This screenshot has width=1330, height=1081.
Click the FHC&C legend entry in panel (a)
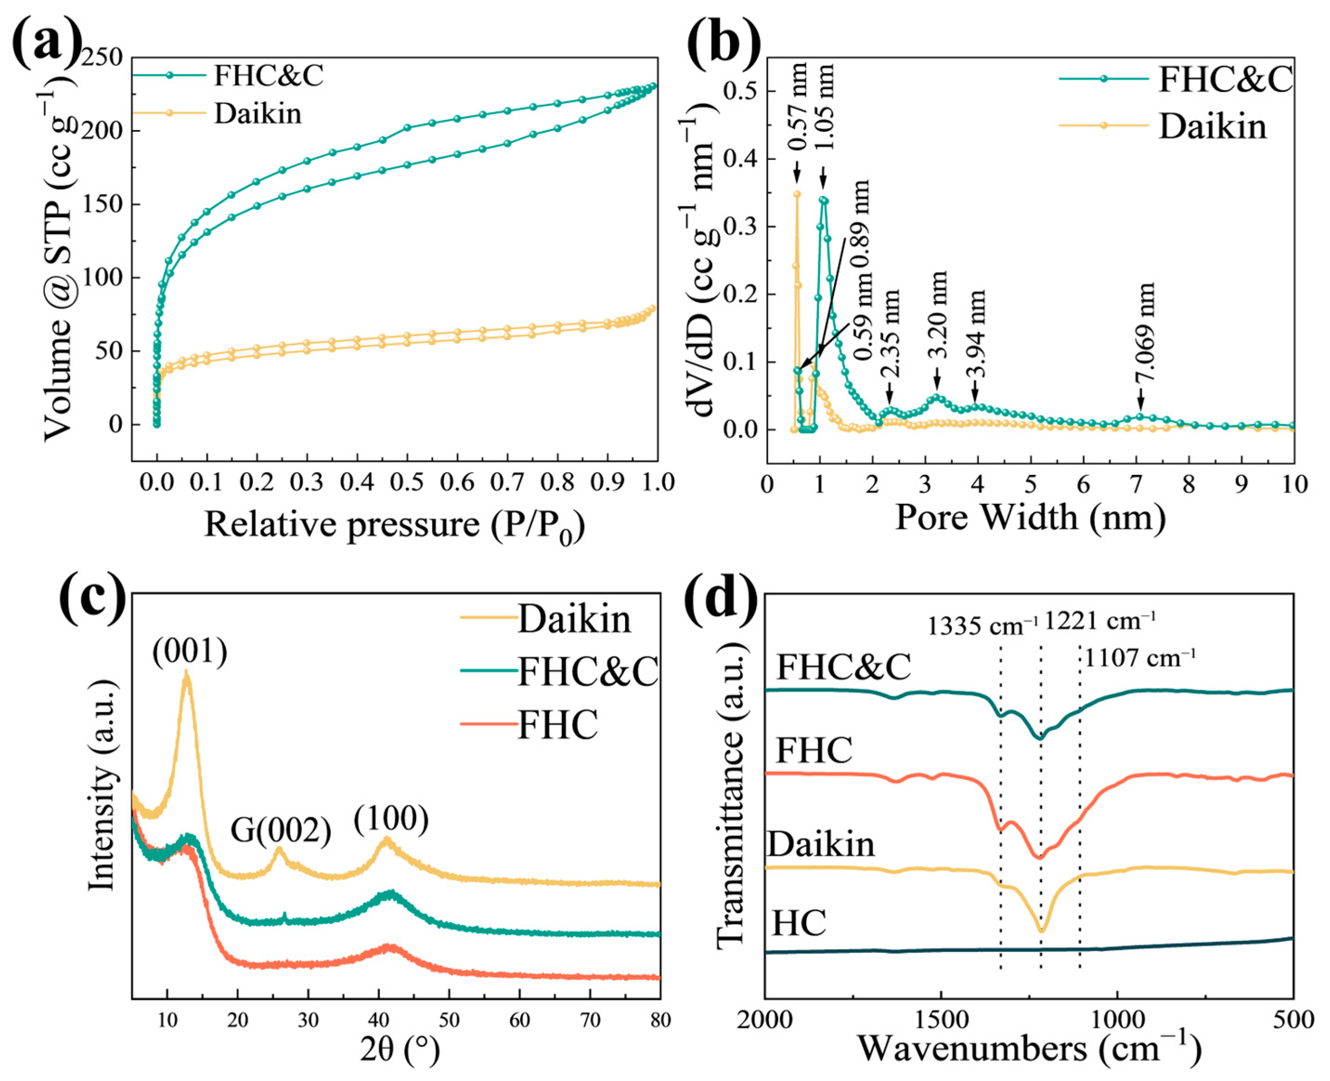[x=268, y=76]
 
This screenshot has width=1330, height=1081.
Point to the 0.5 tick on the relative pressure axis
[x=407, y=482]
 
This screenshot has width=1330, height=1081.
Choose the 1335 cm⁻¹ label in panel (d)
[x=982, y=625]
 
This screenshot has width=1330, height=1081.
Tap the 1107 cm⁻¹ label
[x=1140, y=658]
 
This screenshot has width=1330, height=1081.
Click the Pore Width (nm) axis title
[x=1030, y=517]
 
